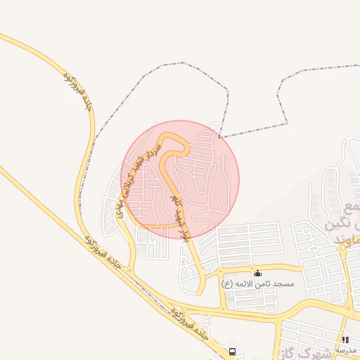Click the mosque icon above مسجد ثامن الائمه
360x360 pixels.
coord(258,273)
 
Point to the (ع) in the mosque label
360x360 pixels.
coord(226,283)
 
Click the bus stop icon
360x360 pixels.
coord(232,350)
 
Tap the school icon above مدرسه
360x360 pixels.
coord(345,340)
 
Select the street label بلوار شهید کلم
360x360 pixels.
coord(179,217)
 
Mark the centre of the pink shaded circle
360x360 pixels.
coord(180,179)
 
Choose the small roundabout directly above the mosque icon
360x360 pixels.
coord(258,266)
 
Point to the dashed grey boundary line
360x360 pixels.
coord(253,129)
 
